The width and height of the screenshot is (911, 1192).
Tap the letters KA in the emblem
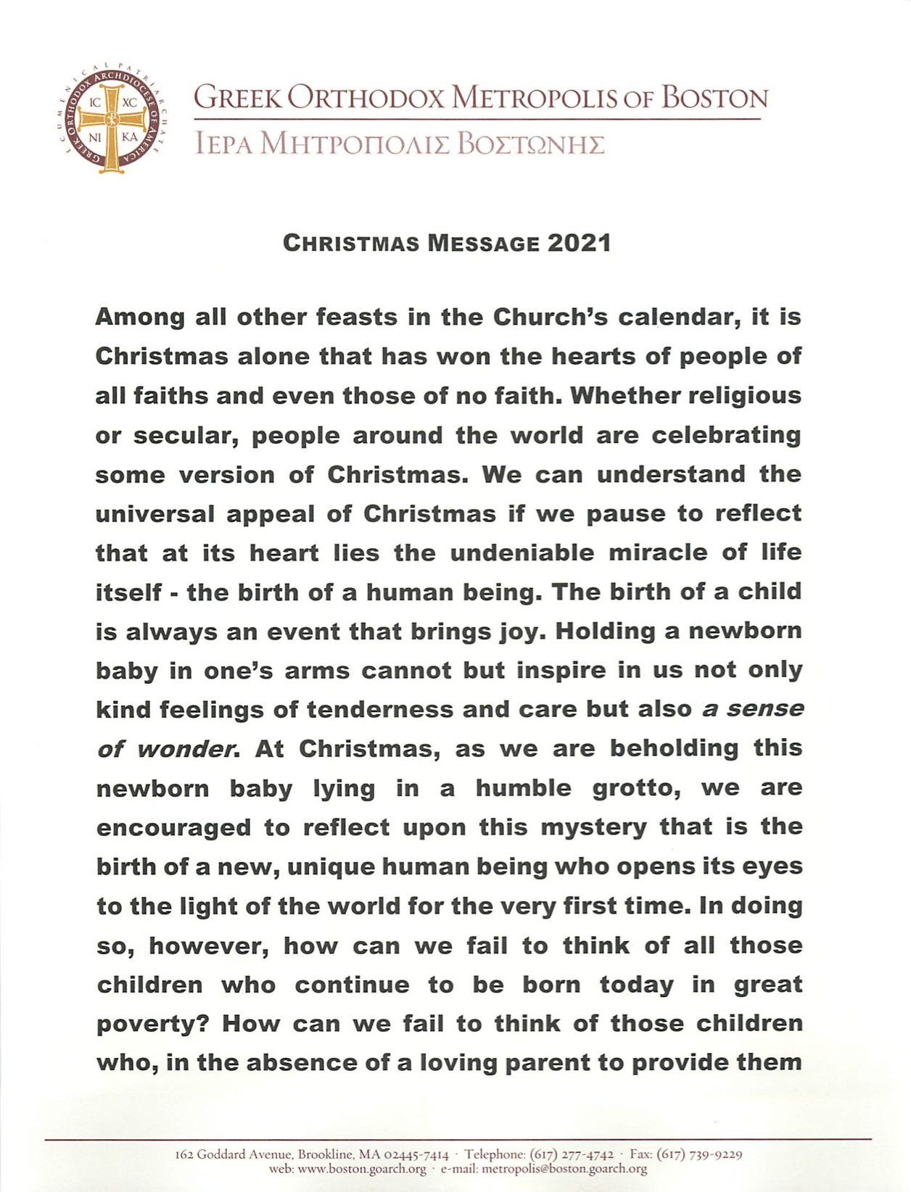tap(129, 137)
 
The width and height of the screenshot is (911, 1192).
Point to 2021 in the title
tap(579, 243)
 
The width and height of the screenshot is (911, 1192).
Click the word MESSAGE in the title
tap(483, 243)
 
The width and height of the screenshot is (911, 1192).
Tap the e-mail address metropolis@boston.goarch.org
tap(564, 1169)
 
